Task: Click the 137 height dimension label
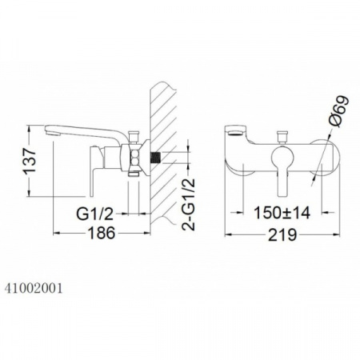click(x=30, y=161)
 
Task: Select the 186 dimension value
click(x=102, y=233)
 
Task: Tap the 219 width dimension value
click(x=282, y=234)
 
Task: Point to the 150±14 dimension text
click(x=282, y=213)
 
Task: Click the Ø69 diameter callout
click(x=338, y=111)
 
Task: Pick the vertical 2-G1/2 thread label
click(x=189, y=204)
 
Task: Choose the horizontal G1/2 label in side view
click(x=95, y=214)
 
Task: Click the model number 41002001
click(x=34, y=288)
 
